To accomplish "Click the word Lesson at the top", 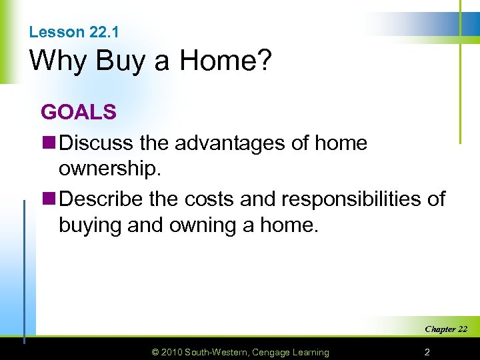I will click(x=57, y=32).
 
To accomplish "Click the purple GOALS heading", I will click(x=79, y=112).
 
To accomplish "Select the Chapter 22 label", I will click(x=446, y=329).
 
